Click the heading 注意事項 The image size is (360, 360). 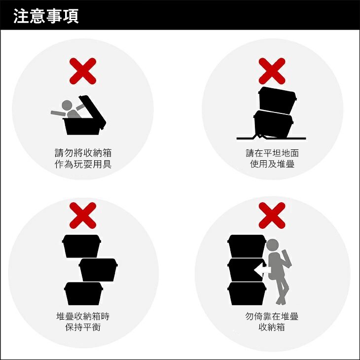46,16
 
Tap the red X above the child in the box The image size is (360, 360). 83,71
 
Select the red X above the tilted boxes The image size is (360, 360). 272,71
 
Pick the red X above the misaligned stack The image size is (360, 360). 83,216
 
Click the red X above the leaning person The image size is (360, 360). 272,216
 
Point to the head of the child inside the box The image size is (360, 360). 67,106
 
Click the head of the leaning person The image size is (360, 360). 273,245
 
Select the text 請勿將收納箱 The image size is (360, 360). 83,153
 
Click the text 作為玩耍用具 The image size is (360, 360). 83,164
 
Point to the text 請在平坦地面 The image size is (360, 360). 272,153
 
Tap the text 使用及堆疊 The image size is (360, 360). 272,164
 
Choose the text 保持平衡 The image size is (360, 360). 83,327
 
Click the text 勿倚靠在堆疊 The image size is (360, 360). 272,316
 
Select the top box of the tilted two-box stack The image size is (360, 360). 277,100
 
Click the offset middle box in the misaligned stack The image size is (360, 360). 98,270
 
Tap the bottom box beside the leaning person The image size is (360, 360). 247,293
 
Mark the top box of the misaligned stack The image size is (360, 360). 81,246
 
